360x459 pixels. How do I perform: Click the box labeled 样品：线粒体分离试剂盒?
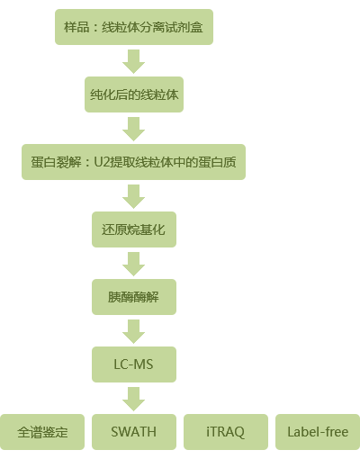(134, 27)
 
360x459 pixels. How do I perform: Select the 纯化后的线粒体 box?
(134, 94)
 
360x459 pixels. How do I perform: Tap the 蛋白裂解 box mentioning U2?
(133, 162)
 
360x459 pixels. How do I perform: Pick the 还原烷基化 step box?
(134, 229)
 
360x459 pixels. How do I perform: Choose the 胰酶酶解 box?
(134, 297)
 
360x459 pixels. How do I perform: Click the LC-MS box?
(134, 364)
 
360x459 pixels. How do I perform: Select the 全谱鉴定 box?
(42, 432)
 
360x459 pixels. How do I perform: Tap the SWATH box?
(134, 432)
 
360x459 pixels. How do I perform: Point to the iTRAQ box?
(226, 432)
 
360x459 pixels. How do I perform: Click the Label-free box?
(318, 432)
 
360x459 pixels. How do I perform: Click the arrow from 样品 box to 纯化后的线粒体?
(134, 61)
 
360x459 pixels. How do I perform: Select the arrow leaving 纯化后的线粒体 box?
(134, 129)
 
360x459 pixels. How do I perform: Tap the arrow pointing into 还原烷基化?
(134, 196)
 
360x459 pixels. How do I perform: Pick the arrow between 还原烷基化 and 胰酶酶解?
(134, 264)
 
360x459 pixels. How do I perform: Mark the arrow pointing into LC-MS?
(134, 331)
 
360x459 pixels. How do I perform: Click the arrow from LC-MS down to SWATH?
(134, 399)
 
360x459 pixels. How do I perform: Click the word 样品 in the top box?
(76, 27)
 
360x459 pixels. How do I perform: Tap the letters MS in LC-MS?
(143, 364)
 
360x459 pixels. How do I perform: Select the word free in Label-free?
(337, 432)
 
